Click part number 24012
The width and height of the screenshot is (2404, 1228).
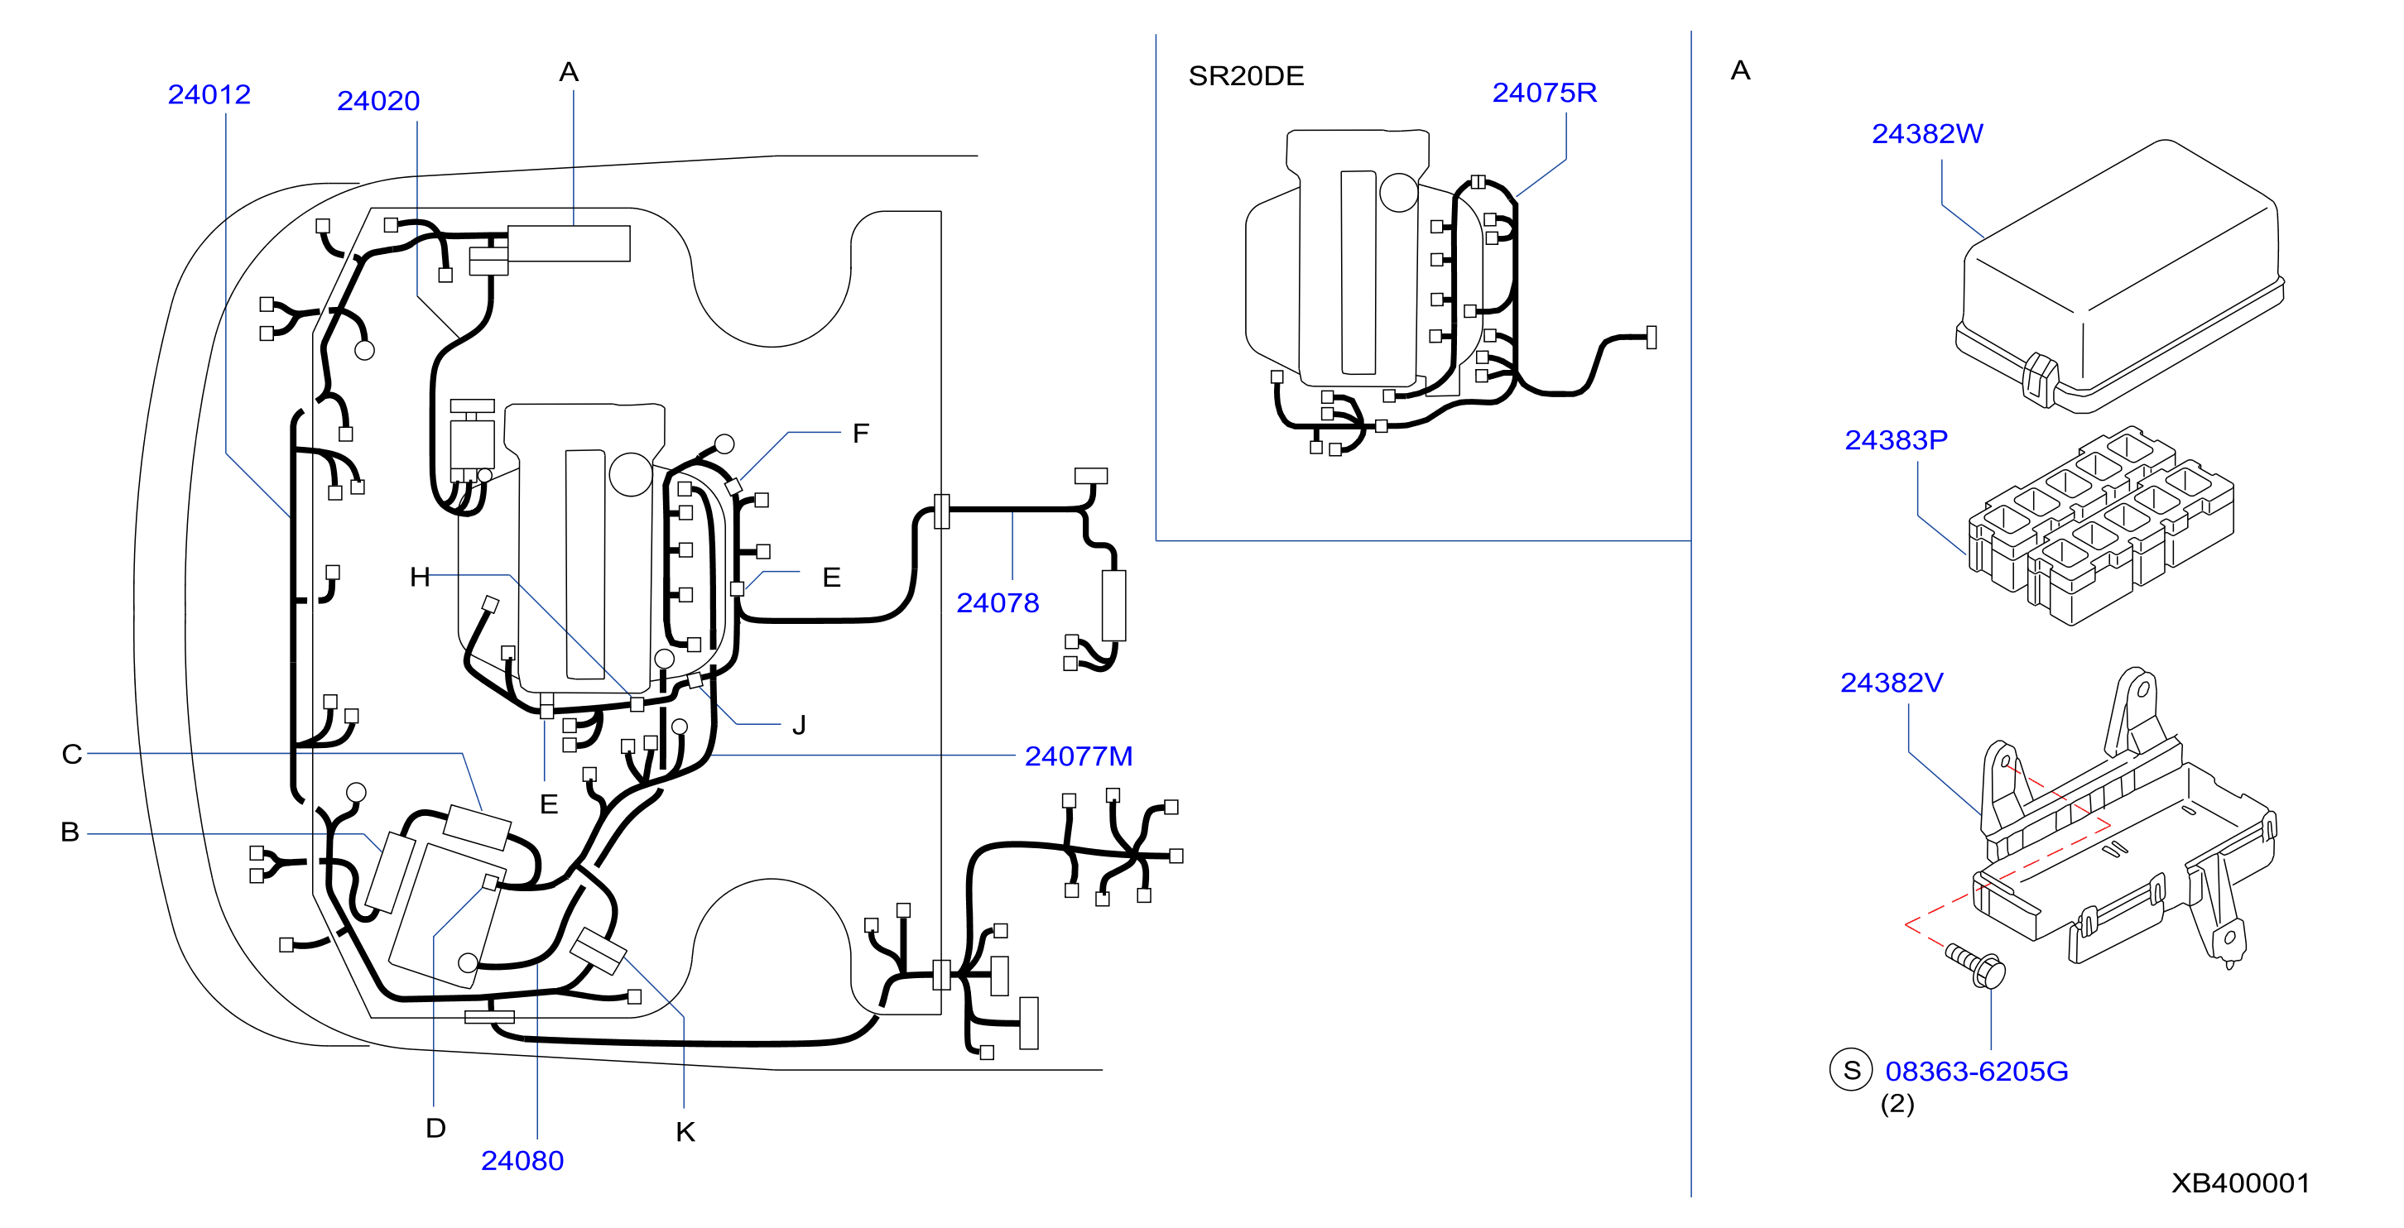tap(209, 94)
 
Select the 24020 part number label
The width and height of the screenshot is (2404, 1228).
tap(378, 101)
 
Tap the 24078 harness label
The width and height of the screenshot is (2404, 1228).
tap(998, 602)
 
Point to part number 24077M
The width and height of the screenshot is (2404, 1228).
tap(1079, 756)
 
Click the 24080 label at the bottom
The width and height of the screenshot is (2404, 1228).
tap(522, 1160)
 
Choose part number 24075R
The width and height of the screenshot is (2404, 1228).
tap(1545, 93)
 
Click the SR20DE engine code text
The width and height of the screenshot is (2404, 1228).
tap(1246, 75)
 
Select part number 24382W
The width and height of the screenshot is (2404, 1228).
tap(1927, 133)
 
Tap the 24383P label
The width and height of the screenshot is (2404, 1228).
tap(1897, 439)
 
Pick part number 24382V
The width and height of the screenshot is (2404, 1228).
tap(1892, 682)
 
